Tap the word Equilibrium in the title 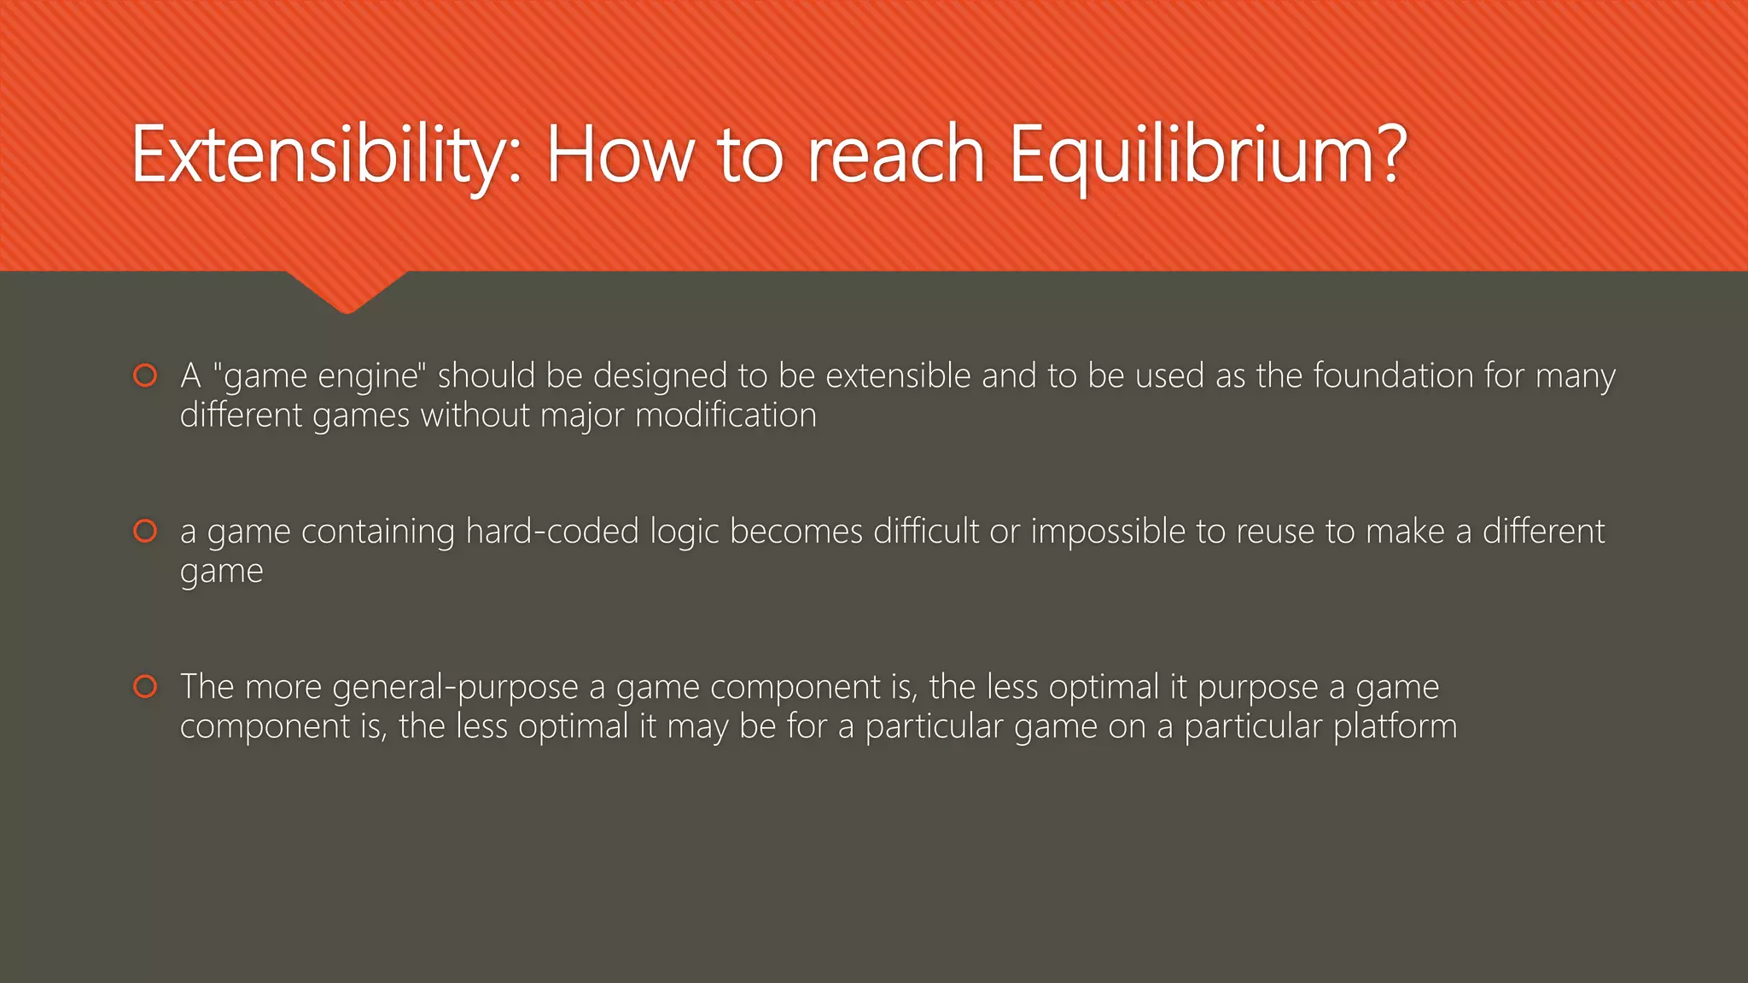[x=1207, y=156]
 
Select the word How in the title [x=620, y=156]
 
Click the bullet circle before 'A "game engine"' [x=146, y=375]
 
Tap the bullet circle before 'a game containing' [x=146, y=531]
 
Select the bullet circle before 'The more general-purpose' [x=146, y=686]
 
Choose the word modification [x=725, y=416]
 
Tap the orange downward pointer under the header [x=347, y=292]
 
